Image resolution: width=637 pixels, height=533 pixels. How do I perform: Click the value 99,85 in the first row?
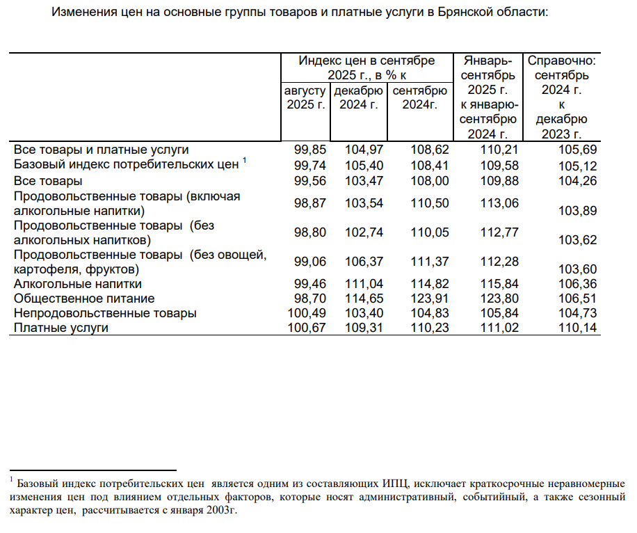(x=307, y=150)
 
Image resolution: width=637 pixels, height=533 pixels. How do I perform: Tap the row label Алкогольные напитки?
(x=78, y=284)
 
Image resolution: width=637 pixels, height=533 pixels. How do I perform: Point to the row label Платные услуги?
(x=61, y=328)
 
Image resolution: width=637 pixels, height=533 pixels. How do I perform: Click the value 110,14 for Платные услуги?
(x=579, y=328)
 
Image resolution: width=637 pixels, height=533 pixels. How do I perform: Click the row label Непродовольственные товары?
(x=104, y=313)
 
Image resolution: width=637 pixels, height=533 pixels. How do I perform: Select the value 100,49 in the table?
(x=307, y=313)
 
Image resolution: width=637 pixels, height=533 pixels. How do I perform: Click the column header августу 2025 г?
(x=306, y=97)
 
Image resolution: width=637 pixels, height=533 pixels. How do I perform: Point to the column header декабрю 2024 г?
(x=358, y=97)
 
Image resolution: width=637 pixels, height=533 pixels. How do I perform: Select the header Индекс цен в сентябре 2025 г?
(x=366, y=67)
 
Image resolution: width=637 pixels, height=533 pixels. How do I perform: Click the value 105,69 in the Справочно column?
(x=579, y=150)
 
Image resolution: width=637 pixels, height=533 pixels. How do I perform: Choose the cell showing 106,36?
(x=579, y=284)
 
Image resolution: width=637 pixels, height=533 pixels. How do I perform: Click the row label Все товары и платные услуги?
(x=102, y=150)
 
